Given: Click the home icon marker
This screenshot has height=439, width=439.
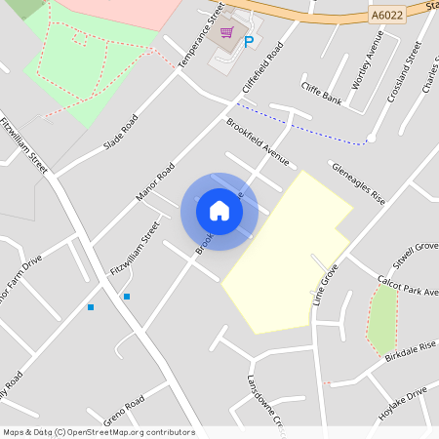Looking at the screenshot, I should pos(219,211).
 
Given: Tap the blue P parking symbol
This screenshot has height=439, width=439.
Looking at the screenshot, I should pos(249,41).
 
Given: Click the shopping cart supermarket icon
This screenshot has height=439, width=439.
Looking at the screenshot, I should pos(227,33).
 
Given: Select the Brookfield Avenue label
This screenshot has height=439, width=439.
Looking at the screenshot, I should pos(258,141).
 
